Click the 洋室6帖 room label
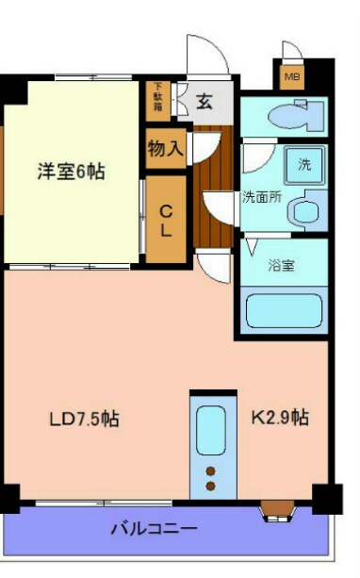coord(71,172)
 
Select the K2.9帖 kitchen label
coord(280,416)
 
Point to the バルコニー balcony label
coord(154,529)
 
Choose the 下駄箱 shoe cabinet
coord(157,98)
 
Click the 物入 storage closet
coord(165,149)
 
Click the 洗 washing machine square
coord(304,162)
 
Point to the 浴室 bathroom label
coord(281,265)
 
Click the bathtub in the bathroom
coord(283,310)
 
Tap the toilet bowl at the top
coord(287,117)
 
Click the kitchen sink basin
coord(211,429)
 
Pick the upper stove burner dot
coord(211,471)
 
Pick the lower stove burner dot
coord(211,487)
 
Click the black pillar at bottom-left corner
coord(9,497)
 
